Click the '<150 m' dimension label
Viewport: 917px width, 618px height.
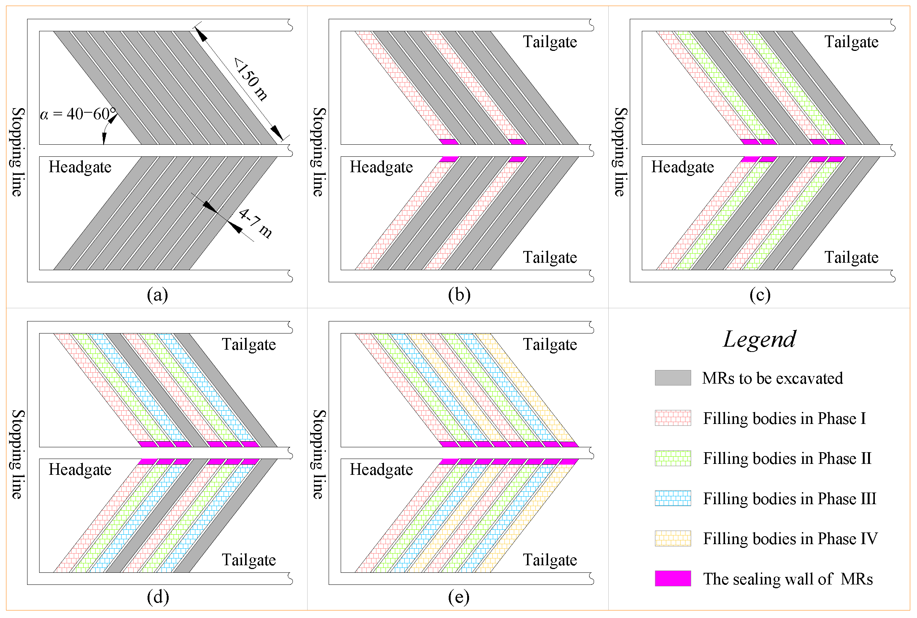click(251, 79)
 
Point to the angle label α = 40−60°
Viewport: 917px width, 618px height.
click(78, 114)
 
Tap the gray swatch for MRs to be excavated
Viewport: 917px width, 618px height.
click(672, 378)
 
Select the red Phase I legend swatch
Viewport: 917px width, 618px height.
click(672, 418)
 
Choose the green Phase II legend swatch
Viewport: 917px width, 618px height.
click(672, 458)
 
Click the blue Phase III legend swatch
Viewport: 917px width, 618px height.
click(672, 498)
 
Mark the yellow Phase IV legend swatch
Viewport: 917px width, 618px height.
click(672, 538)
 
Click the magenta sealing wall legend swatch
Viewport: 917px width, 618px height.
click(672, 578)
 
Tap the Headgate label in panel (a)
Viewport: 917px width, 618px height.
click(80, 167)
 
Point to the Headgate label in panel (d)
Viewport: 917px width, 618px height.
click(80, 470)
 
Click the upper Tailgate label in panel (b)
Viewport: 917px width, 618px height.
click(550, 42)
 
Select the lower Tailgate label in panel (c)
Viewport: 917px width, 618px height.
click(851, 257)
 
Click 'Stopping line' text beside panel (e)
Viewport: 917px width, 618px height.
click(319, 454)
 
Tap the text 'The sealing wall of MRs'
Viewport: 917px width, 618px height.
click(788, 579)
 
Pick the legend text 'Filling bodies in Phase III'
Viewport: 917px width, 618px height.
click(789, 499)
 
